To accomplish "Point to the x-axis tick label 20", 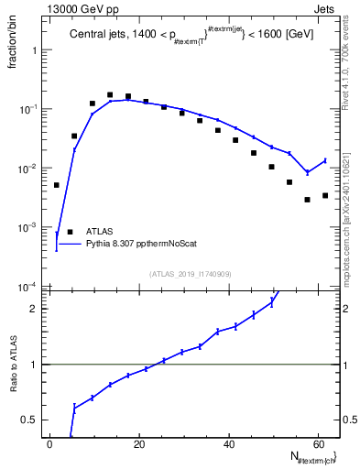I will pos(139,444).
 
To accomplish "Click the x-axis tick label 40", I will pos(229,444).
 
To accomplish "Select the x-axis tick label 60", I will pos(319,444).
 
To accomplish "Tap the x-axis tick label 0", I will pos(49,444).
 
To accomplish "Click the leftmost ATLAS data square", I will pos(57,185).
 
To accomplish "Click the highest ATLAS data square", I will pos(110,94).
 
